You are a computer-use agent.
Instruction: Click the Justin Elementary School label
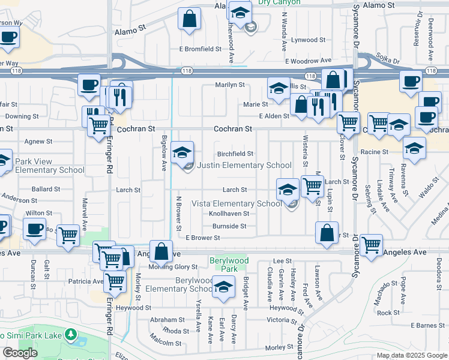click(x=244, y=166)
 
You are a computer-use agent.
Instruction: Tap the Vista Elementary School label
click(x=236, y=203)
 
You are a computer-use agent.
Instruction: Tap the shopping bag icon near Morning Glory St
click(x=161, y=253)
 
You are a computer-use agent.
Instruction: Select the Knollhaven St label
click(x=229, y=214)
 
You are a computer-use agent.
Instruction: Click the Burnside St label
click(x=229, y=226)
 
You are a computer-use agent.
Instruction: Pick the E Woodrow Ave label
click(x=308, y=61)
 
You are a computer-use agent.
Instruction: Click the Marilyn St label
click(x=230, y=85)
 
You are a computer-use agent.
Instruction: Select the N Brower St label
click(x=178, y=213)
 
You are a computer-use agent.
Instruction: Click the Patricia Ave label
click(x=86, y=281)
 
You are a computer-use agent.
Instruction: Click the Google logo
click(x=20, y=353)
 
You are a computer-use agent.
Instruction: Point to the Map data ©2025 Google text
click(x=412, y=355)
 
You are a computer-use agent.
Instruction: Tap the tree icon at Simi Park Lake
click(x=71, y=334)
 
